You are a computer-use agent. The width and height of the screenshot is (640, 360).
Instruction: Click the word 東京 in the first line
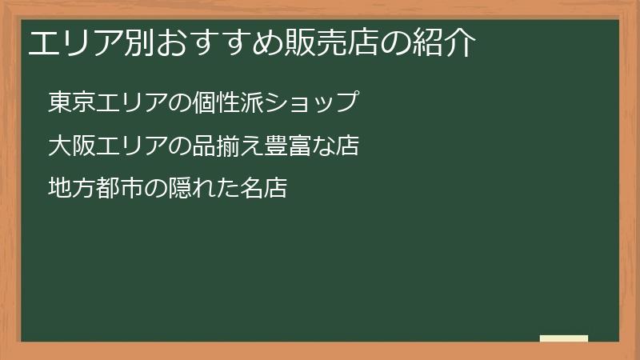71,102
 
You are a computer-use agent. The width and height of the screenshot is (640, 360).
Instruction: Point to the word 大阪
71,146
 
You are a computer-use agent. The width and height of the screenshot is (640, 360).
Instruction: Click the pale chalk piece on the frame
564,338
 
